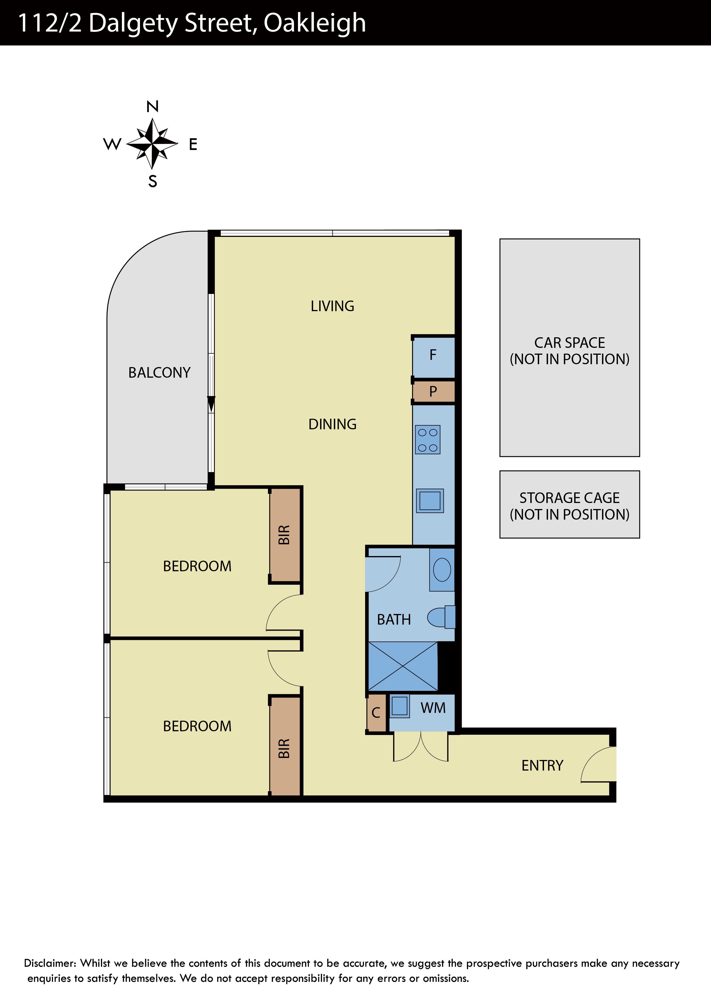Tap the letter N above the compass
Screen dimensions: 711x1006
coord(153,106)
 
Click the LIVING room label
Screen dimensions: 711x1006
coord(332,306)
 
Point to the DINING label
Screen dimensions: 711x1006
coord(332,424)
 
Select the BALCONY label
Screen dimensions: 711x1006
coord(159,373)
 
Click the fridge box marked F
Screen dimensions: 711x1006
coord(433,356)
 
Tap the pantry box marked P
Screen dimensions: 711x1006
coord(433,391)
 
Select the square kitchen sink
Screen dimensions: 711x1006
coord(430,500)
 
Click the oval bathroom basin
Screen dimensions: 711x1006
coord(442,570)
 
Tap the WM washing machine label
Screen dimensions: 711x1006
coord(433,708)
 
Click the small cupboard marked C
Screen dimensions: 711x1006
coord(376,712)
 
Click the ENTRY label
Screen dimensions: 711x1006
coord(542,765)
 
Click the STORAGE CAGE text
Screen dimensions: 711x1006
coord(570,498)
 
